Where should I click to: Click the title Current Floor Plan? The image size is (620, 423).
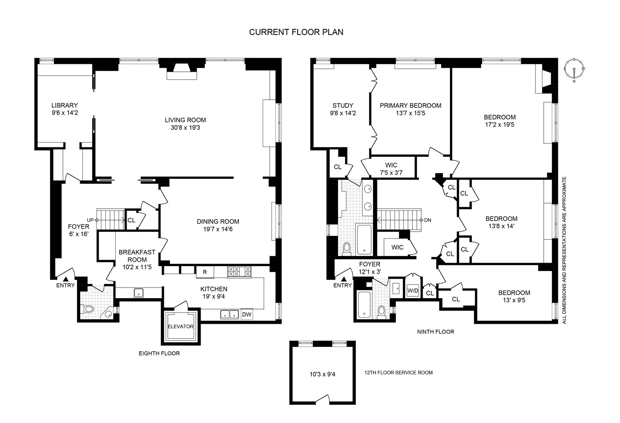pos(296,32)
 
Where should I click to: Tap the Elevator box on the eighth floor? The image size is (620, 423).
pos(180,326)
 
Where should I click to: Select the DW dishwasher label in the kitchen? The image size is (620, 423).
pos(247,314)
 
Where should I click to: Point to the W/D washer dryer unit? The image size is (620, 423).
pos(412,291)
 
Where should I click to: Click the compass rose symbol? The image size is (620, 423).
pos(574,70)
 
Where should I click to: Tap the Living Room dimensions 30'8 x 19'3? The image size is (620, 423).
pos(185,128)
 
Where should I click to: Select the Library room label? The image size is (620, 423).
pos(64,105)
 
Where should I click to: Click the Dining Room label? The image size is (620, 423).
pos(218,221)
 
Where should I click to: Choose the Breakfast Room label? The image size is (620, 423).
pos(137,256)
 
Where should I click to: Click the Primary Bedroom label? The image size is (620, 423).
pos(410,105)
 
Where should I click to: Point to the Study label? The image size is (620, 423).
pos(343,105)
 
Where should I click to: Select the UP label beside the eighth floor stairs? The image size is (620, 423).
pos(90,220)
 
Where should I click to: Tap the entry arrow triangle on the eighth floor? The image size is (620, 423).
pos(66,279)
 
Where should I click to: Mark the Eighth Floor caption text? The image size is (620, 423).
pos(159,353)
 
